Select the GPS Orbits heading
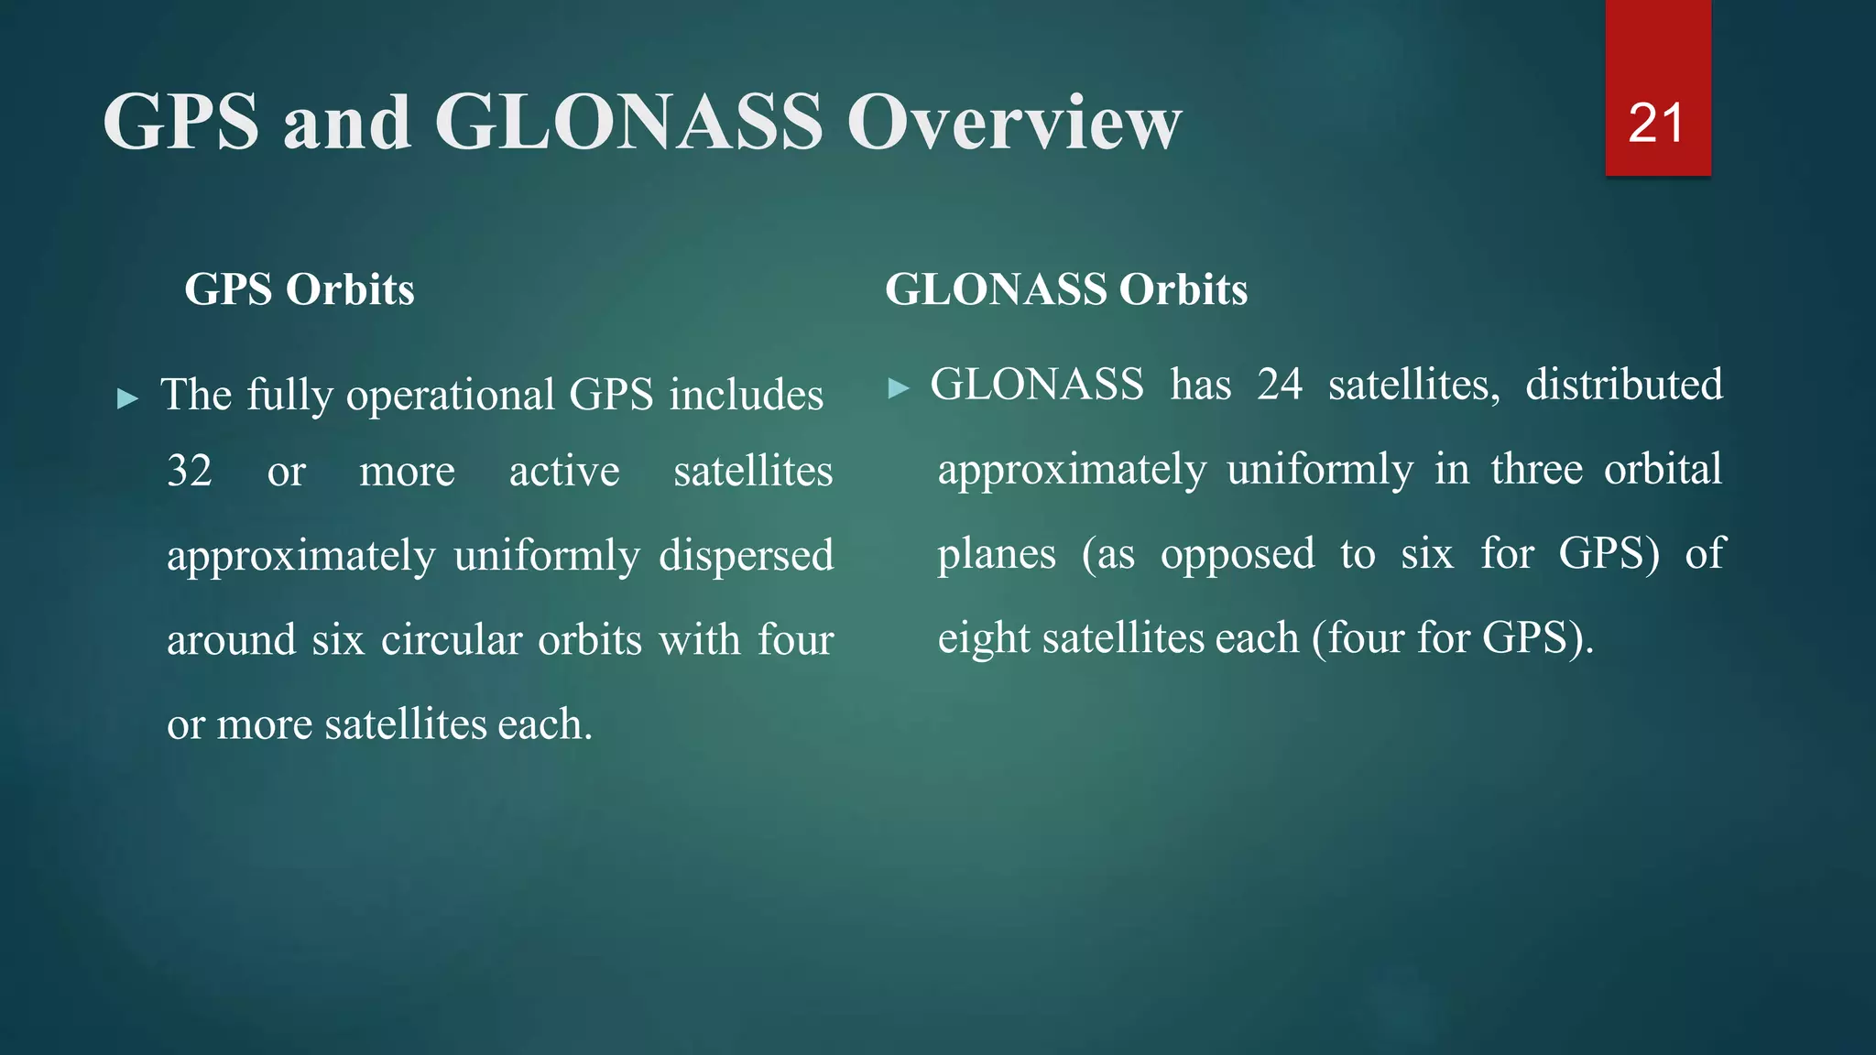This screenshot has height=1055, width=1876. pyautogui.click(x=300, y=289)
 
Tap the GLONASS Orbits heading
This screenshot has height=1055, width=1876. pyautogui.click(x=1066, y=289)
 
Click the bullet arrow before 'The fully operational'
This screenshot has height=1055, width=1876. pyautogui.click(x=128, y=398)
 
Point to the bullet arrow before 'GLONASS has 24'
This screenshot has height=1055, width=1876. pyautogui.click(x=899, y=388)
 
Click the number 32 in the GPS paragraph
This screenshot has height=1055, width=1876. pyautogui.click(x=190, y=471)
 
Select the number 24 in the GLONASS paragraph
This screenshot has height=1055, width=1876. pyautogui.click(x=1280, y=385)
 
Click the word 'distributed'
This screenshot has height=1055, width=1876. pyautogui.click(x=1624, y=385)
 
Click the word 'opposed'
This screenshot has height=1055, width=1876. pyautogui.click(x=1238, y=554)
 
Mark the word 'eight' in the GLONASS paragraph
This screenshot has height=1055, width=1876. pyautogui.click(x=983, y=638)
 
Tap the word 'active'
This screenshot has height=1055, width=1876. pyautogui.click(x=564, y=472)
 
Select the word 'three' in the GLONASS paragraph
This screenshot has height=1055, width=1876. pyautogui.click(x=1536, y=469)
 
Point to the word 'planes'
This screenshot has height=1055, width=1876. pyautogui.click(x=997, y=554)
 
